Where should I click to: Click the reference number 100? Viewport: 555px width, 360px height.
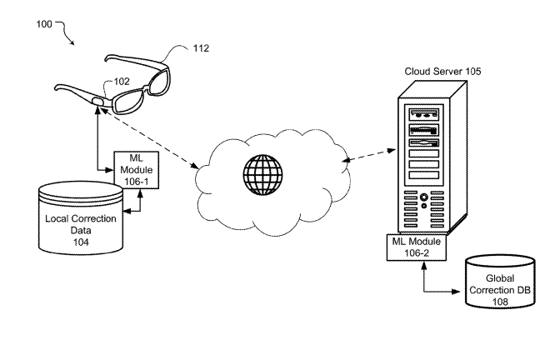(44, 24)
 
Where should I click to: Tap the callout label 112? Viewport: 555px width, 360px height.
(201, 48)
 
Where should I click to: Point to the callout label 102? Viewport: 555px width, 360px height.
(122, 82)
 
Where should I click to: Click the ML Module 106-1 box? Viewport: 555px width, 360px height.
(137, 170)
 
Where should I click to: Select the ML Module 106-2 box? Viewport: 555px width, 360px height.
(417, 247)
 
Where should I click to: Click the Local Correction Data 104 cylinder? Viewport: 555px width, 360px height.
(81, 218)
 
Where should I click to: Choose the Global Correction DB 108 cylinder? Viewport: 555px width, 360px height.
(500, 282)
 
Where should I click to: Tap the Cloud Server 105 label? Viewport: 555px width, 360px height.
(442, 72)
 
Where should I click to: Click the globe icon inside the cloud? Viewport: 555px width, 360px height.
(262, 174)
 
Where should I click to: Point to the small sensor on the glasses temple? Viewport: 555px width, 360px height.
(97, 102)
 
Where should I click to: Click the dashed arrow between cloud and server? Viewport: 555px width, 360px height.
(369, 155)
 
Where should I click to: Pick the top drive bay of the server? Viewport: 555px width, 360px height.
(423, 115)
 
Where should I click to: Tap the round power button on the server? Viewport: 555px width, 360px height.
(423, 197)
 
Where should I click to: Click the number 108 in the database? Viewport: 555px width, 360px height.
(500, 302)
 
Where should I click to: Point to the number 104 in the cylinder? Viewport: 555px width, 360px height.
(81, 242)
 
